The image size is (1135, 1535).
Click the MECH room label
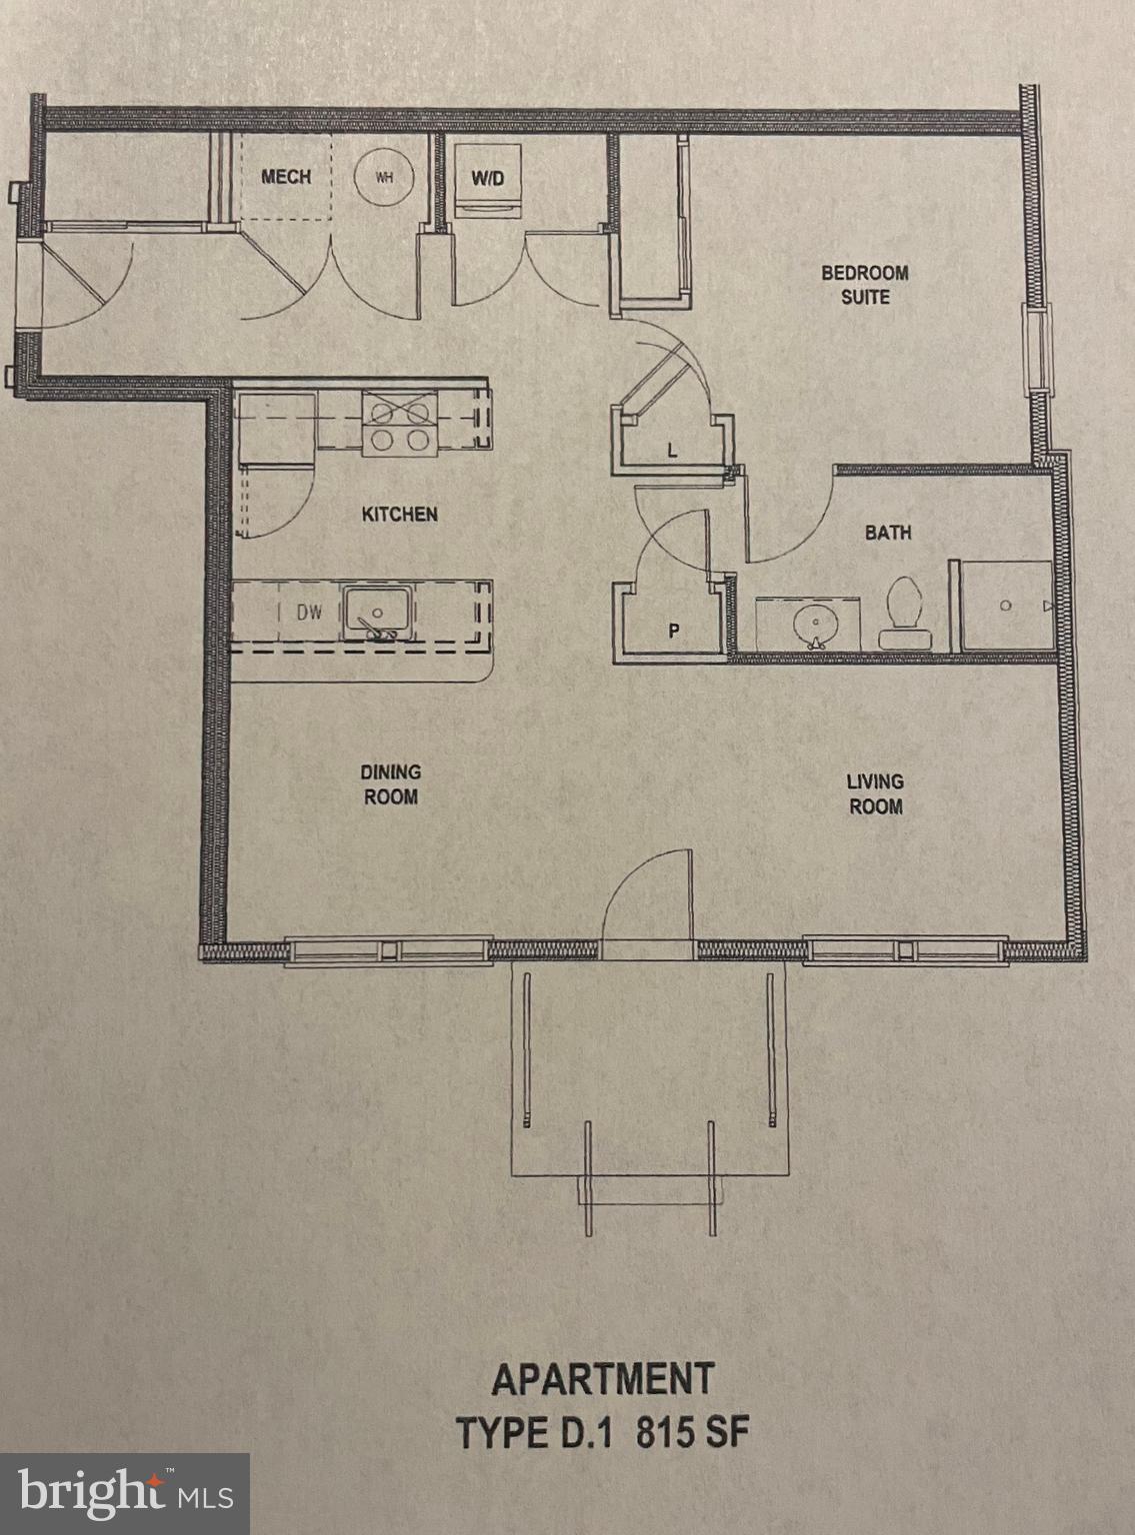coord(285,177)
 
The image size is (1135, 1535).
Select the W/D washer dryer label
coord(488,179)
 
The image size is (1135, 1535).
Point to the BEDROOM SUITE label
coord(865,285)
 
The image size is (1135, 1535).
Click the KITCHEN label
coord(399,514)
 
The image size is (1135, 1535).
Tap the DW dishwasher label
coord(309,613)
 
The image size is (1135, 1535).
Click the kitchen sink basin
coord(378,613)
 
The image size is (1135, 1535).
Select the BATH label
coord(888,533)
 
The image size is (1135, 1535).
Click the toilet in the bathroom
coord(906,612)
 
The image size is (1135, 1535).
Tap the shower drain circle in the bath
coord(1005,606)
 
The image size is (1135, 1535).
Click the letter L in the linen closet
coord(672,451)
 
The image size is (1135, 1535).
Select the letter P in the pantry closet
coord(674,631)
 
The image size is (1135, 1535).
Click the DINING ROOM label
coord(391,784)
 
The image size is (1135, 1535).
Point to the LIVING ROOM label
coord(875,794)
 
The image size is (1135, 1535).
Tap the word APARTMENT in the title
coord(603,1379)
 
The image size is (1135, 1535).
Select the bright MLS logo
coord(125,1494)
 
